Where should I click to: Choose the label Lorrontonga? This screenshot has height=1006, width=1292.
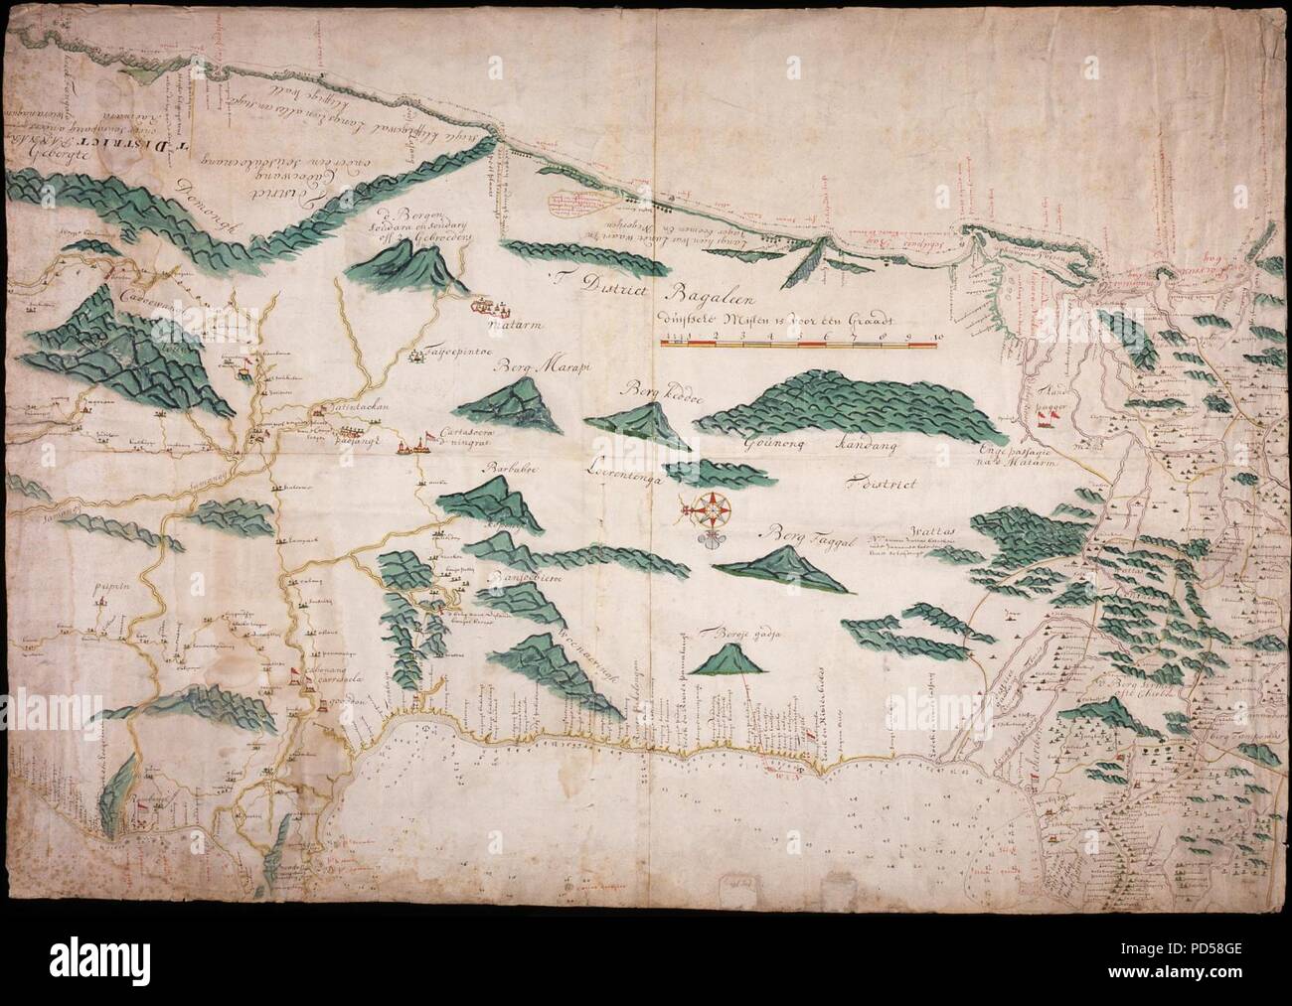click(634, 464)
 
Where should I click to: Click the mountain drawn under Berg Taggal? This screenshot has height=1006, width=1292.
click(785, 569)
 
